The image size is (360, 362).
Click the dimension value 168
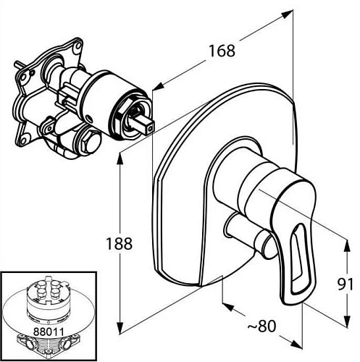pyautogui.click(x=222, y=51)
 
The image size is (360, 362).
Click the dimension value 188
pyautogui.click(x=120, y=243)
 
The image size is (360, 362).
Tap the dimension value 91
pyautogui.click(x=345, y=284)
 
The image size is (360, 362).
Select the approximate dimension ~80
pyautogui.click(x=261, y=326)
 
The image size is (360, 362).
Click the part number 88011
pyautogui.click(x=49, y=332)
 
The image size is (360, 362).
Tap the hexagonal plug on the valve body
pyautogui.click(x=90, y=142)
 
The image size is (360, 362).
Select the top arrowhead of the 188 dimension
pyautogui.click(x=120, y=159)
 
